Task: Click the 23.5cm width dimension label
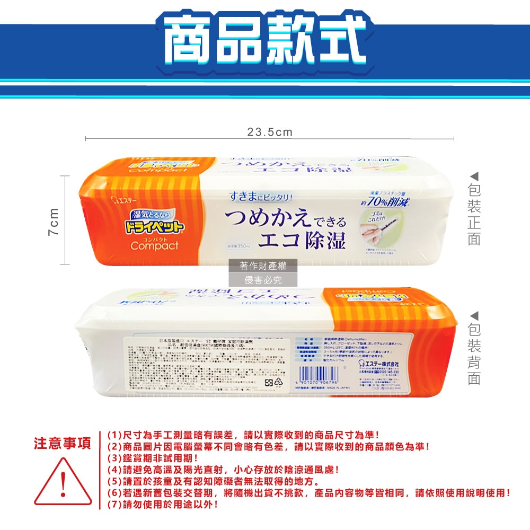coord(270,132)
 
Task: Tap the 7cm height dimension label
coord(54,219)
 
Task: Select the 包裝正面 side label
coord(474,214)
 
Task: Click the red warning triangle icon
coord(63,482)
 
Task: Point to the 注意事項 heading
coord(63,443)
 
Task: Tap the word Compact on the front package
coord(154,246)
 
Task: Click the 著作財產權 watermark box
coord(263,266)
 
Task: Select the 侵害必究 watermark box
coord(263,280)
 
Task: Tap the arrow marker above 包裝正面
coord(474,175)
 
